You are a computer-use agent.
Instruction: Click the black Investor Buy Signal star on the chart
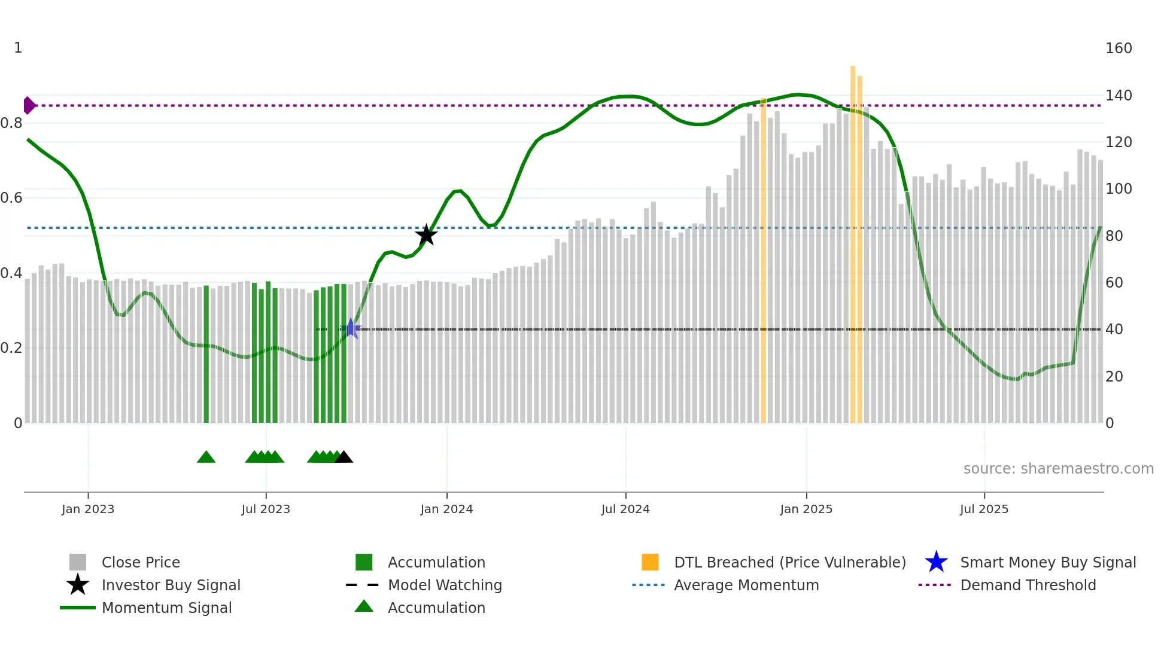click(x=426, y=235)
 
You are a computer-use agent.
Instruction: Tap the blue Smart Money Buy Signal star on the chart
click(x=351, y=328)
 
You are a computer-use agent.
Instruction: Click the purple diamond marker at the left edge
click(x=29, y=105)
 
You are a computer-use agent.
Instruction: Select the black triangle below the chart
click(x=344, y=457)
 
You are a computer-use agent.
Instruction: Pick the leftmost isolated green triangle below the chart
click(x=206, y=457)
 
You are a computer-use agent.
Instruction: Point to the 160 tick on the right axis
click(x=1118, y=48)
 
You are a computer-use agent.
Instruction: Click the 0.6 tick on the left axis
click(x=11, y=198)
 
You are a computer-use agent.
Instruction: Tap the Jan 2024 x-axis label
click(x=446, y=509)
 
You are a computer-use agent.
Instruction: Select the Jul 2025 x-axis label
click(x=984, y=509)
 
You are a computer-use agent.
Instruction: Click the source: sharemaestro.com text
click(x=1058, y=469)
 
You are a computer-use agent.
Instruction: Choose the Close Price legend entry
click(x=141, y=563)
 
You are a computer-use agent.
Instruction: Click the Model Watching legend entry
click(x=445, y=585)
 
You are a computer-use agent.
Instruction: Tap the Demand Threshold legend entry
click(x=1028, y=585)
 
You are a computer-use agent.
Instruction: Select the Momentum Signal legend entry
click(x=166, y=608)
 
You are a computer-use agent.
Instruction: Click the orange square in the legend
click(x=650, y=562)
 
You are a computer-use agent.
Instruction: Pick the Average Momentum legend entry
click(x=746, y=585)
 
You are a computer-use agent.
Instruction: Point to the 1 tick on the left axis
click(x=18, y=48)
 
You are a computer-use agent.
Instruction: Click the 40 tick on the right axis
click(x=1114, y=329)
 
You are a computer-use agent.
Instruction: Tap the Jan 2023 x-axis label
click(x=88, y=509)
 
